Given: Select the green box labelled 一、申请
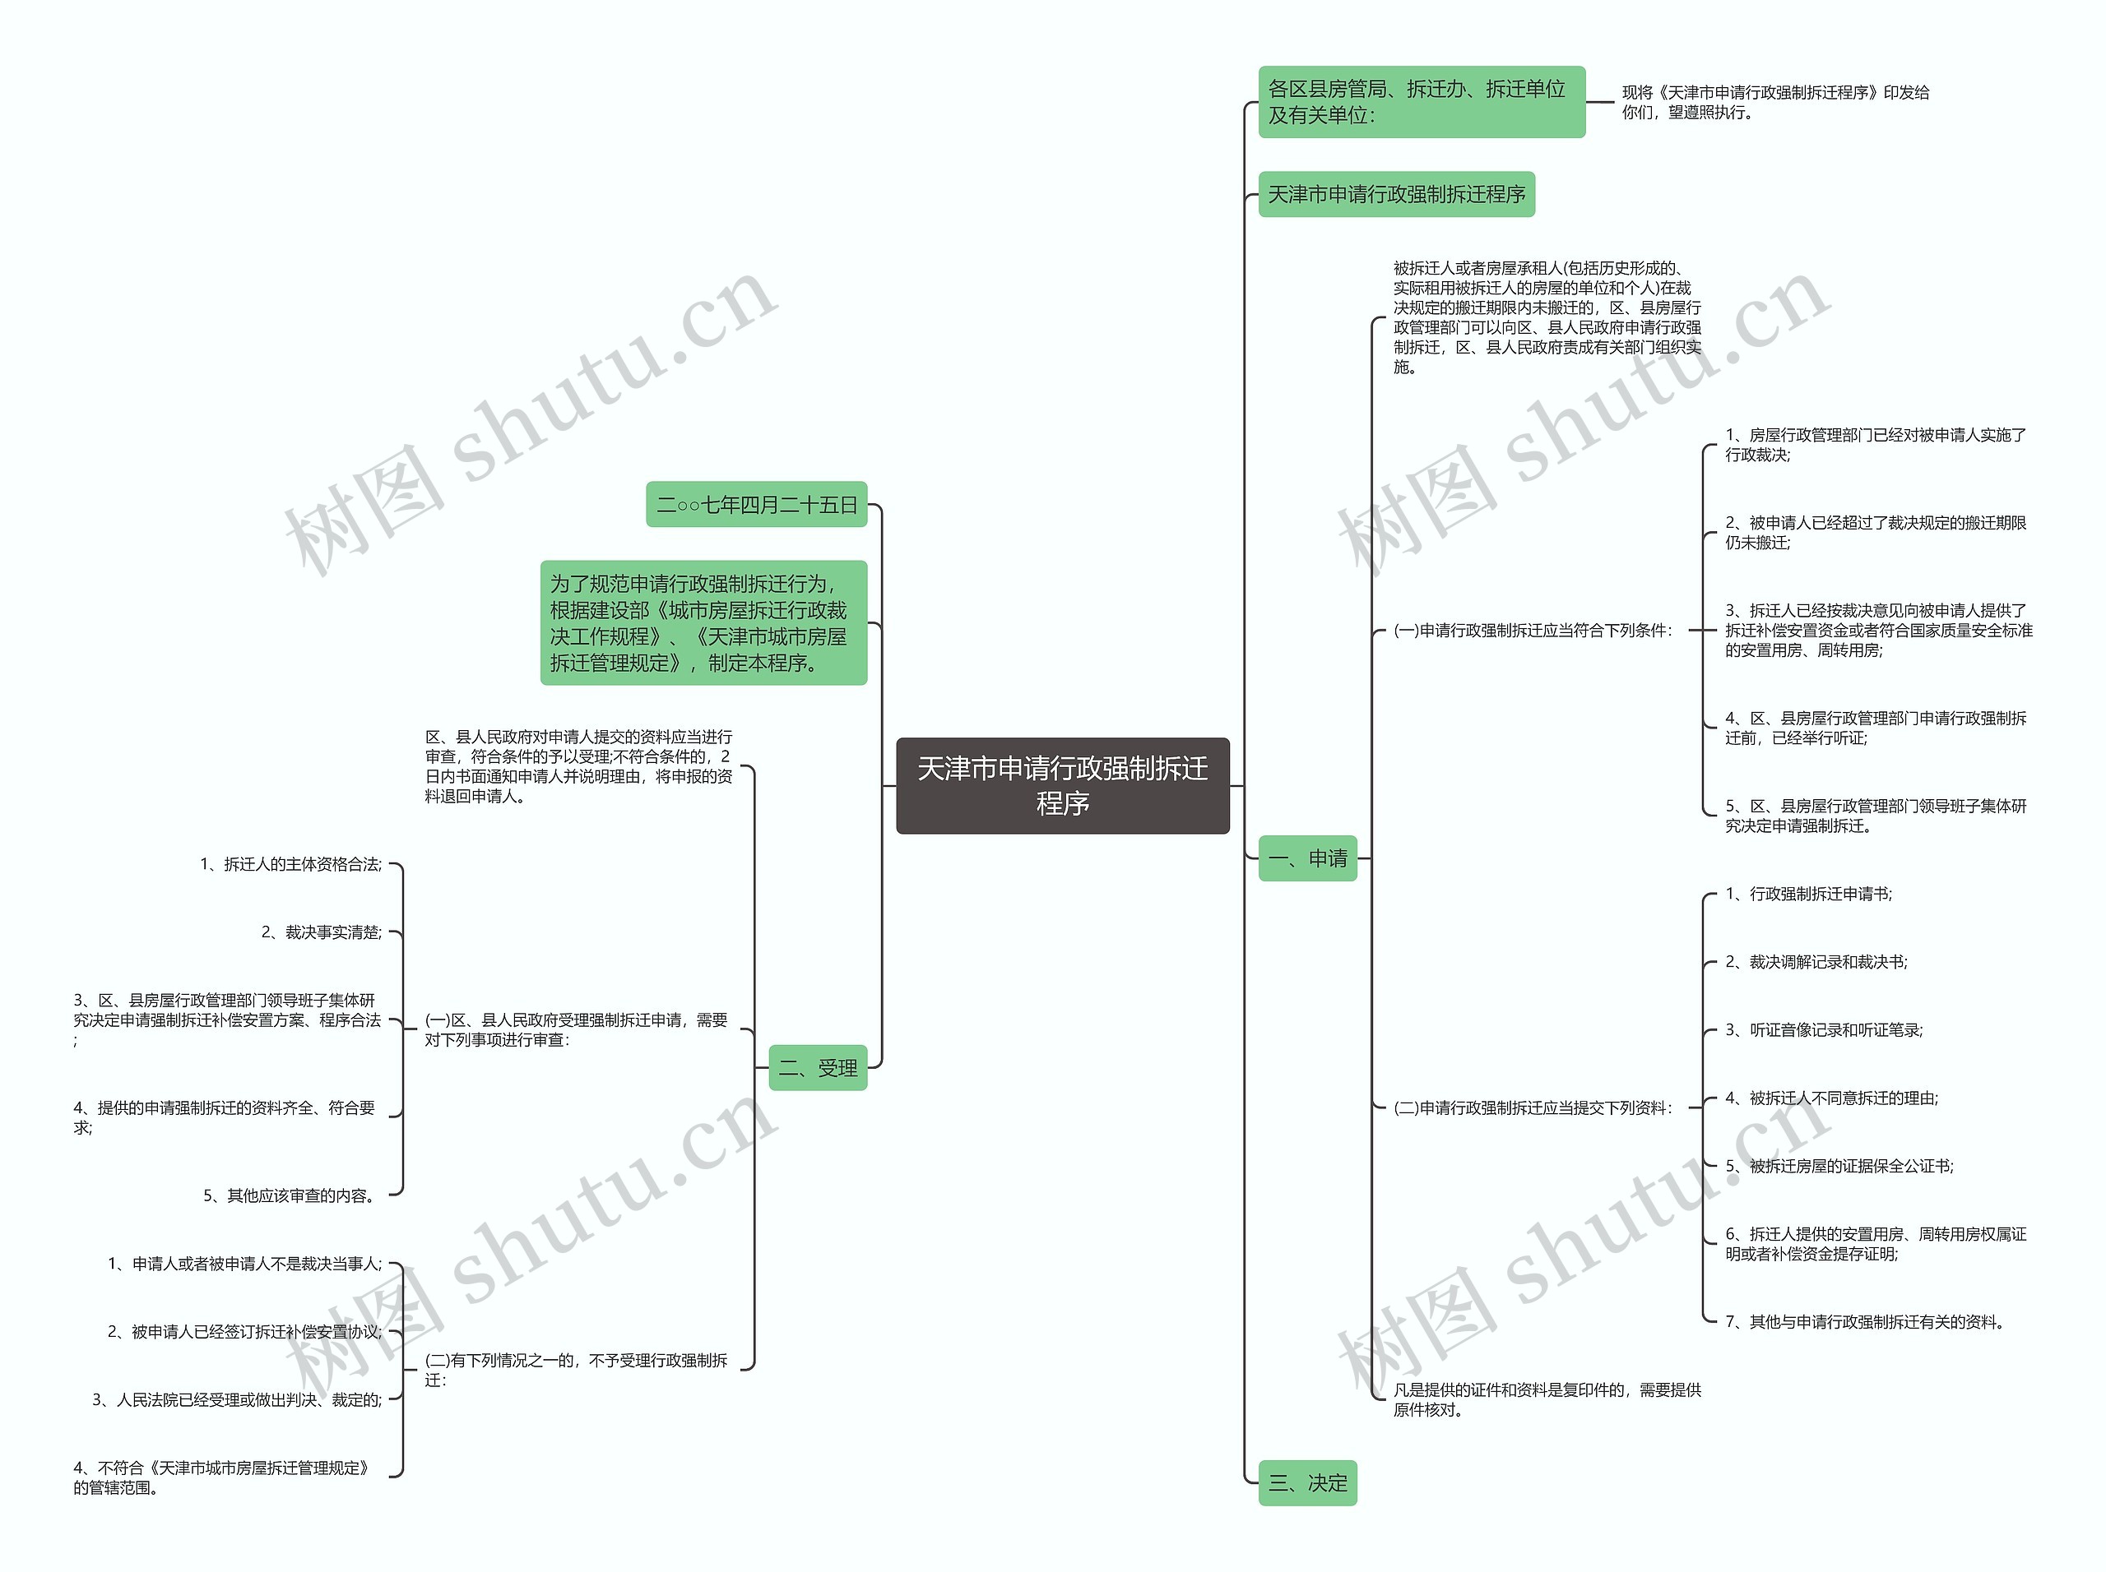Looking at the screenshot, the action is [x=1306, y=858].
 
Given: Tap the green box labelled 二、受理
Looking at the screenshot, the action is [x=817, y=1068].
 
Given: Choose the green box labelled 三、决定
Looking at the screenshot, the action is [x=1306, y=1482].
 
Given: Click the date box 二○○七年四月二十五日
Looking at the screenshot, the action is [x=756, y=504].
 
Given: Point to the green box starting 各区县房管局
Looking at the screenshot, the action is [x=1421, y=102].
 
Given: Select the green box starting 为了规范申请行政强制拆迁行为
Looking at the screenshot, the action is [x=703, y=622].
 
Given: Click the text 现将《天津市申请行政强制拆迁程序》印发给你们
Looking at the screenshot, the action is [x=1774, y=102].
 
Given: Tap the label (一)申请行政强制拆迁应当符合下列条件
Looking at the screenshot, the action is [x=1532, y=630].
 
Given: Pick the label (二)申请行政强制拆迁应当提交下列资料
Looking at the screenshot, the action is [x=1532, y=1107].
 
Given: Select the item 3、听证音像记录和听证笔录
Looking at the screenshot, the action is [x=1823, y=1029].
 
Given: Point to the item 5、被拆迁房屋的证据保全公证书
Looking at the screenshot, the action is [x=1839, y=1166].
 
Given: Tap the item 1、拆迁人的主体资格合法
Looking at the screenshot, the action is [x=290, y=864].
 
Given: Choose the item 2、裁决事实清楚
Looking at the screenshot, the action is [x=321, y=932].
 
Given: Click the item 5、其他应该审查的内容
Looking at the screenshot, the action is [x=290, y=1195].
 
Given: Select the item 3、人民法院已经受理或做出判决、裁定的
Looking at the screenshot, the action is [x=237, y=1400].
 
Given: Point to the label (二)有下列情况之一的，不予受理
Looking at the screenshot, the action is [x=576, y=1371].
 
